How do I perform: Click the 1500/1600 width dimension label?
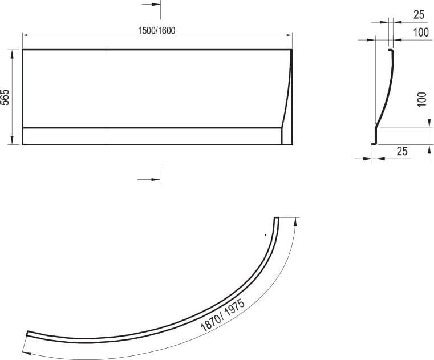pos(157,30)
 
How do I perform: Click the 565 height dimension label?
pos(5,97)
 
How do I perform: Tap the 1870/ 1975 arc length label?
pos(222,315)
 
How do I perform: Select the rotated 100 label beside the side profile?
pos(421,100)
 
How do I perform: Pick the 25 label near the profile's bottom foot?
pos(402,151)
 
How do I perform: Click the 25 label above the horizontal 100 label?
pos(419,14)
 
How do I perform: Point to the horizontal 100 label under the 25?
pos(421,33)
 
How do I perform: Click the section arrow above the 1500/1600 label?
pos(151,5)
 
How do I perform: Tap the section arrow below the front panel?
pos(149,180)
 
